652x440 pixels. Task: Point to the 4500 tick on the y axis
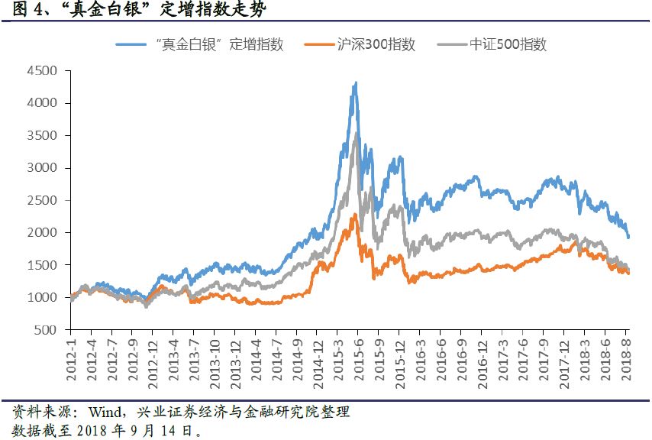[43, 71]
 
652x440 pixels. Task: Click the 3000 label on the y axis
[43, 168]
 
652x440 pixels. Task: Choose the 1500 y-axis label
[43, 265]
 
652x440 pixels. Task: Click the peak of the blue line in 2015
[355, 82]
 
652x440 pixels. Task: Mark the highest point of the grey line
[355, 134]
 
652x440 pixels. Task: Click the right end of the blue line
[628, 237]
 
